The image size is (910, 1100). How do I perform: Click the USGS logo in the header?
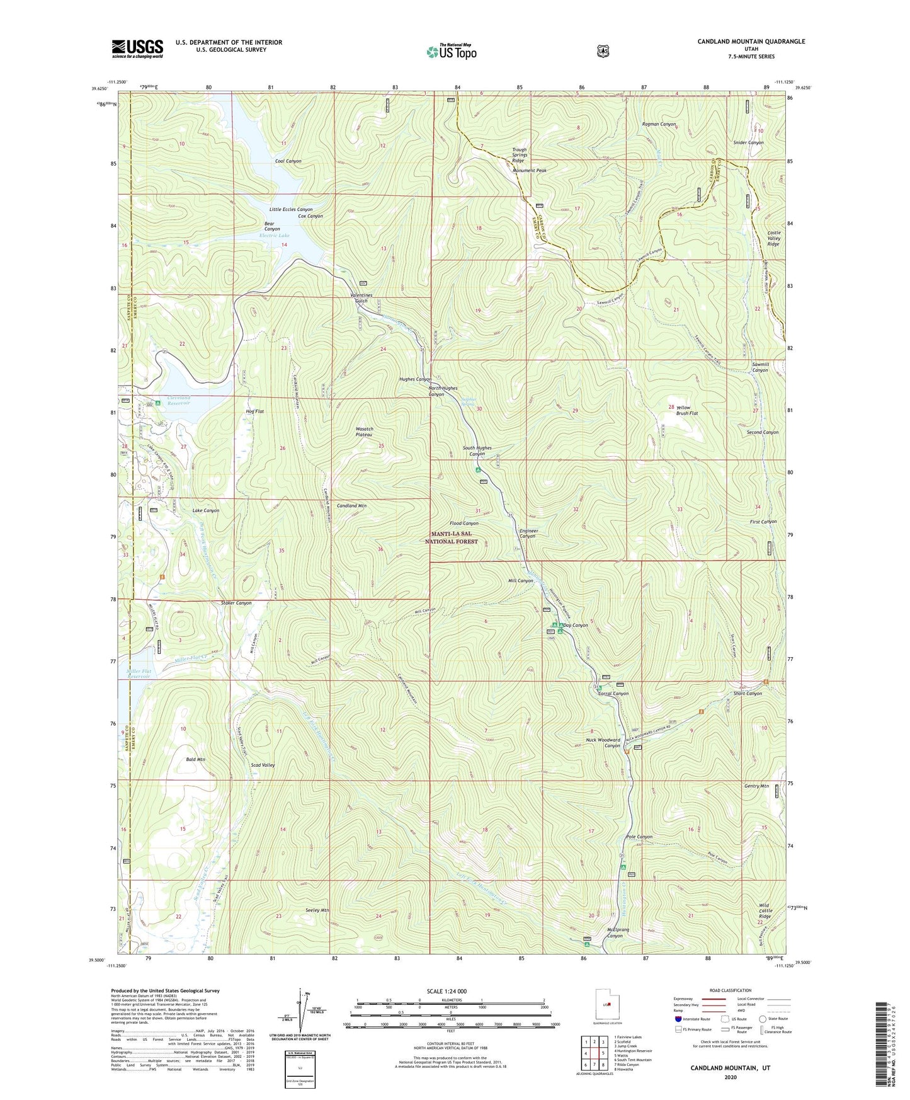pyautogui.click(x=137, y=49)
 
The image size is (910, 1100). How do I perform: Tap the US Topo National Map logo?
pyautogui.click(x=451, y=51)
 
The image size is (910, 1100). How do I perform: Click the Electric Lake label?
pyautogui.click(x=275, y=236)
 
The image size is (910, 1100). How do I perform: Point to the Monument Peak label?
pyautogui.click(x=529, y=171)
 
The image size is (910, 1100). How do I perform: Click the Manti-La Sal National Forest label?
pyautogui.click(x=451, y=537)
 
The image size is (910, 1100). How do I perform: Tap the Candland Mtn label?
pyautogui.click(x=351, y=506)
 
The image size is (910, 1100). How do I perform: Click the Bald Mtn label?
pyautogui.click(x=196, y=760)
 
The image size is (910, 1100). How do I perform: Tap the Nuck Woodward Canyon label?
pyautogui.click(x=603, y=743)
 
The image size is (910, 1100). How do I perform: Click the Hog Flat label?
pyautogui.click(x=254, y=411)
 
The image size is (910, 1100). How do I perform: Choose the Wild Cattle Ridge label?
pyautogui.click(x=765, y=911)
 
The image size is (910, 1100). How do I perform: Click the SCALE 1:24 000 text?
pyautogui.click(x=446, y=991)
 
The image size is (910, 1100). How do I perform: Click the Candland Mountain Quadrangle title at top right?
pyautogui.click(x=751, y=42)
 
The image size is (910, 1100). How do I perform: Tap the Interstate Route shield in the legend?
pyautogui.click(x=678, y=1018)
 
